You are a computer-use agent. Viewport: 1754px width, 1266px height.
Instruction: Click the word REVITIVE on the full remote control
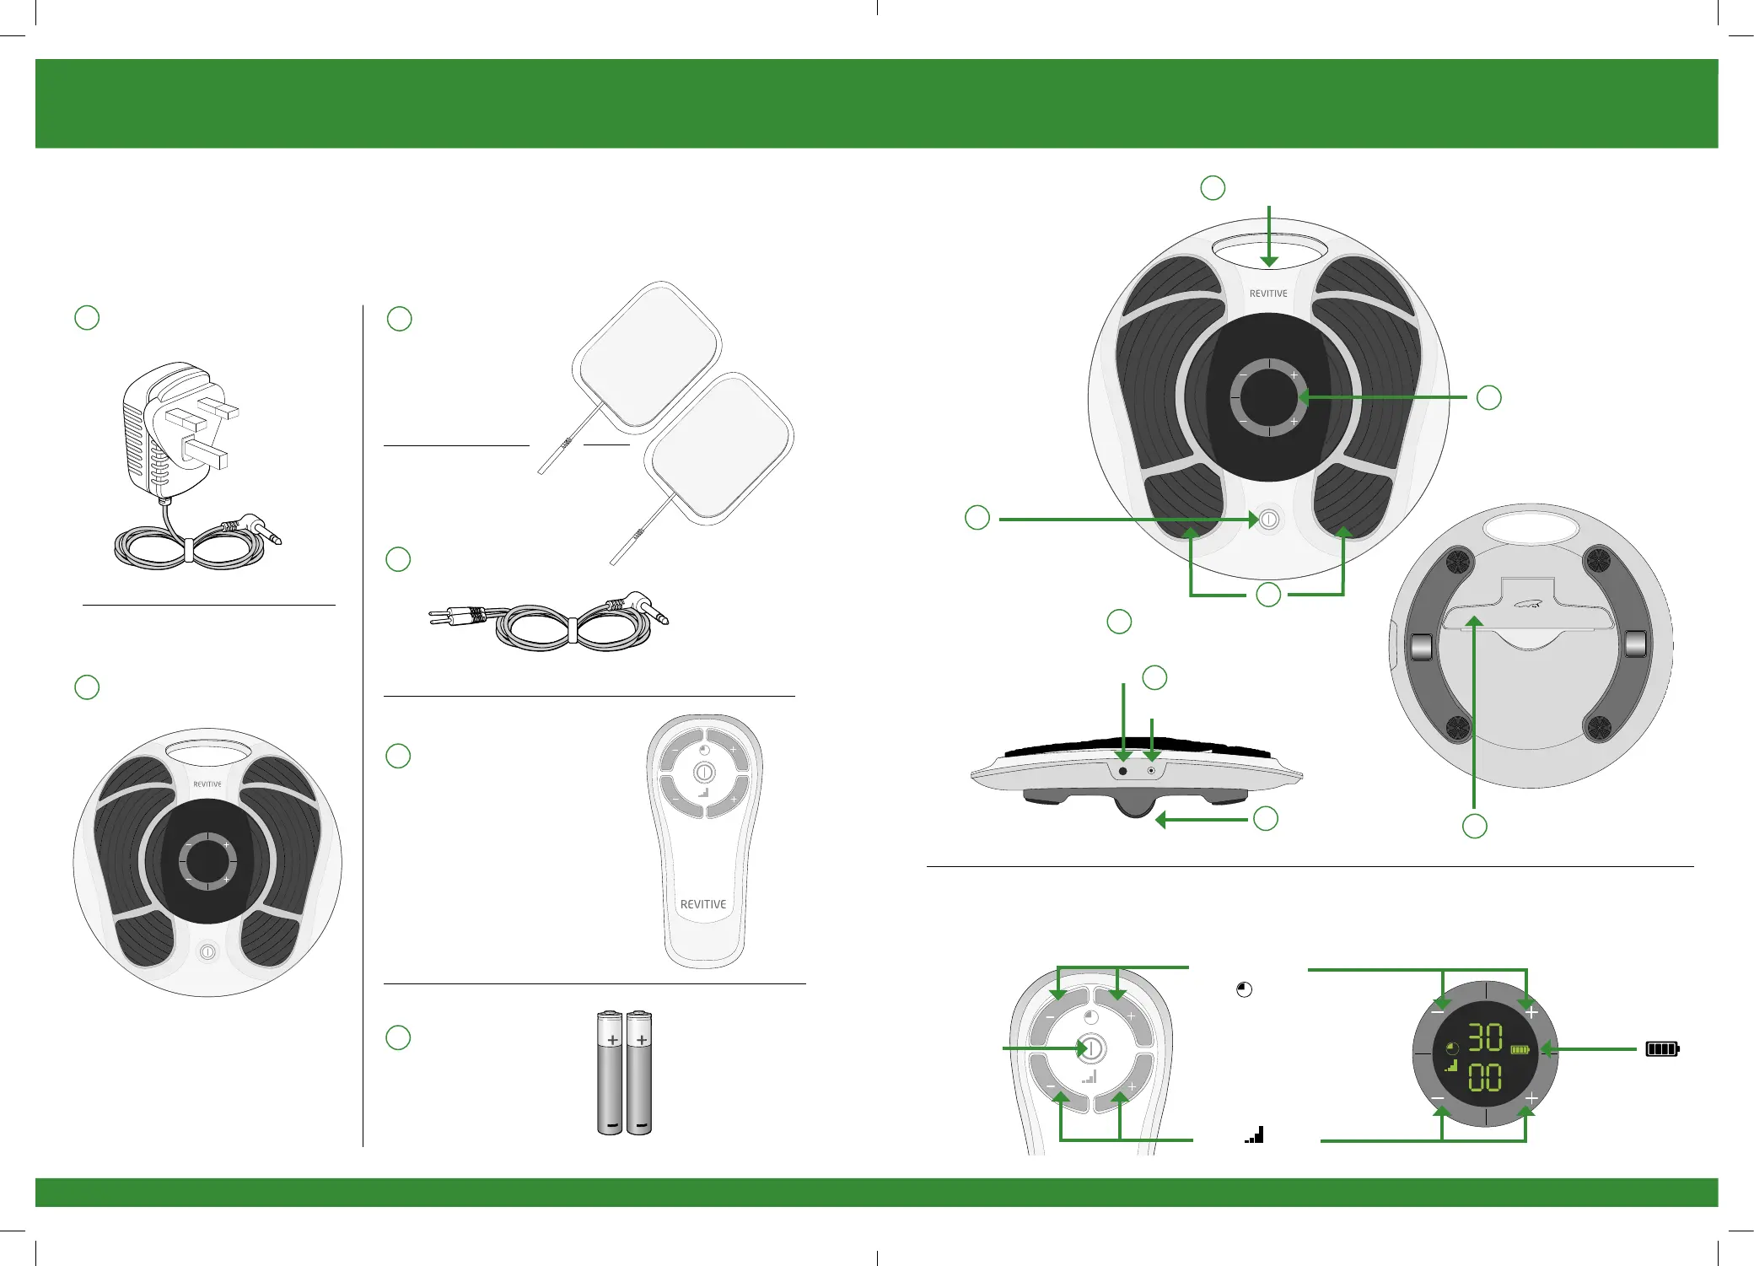(x=703, y=904)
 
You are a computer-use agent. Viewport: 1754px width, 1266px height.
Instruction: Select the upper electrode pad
(x=647, y=356)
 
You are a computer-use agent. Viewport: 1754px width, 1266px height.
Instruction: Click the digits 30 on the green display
(x=1485, y=1037)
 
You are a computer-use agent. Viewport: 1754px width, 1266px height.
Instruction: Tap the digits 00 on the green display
(x=1485, y=1077)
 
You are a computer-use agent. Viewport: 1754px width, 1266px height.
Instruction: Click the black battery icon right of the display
(x=1662, y=1049)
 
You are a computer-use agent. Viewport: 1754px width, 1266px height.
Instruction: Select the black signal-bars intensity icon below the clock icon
(x=1255, y=1134)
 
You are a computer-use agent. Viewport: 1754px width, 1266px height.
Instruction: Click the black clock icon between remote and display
(x=1244, y=990)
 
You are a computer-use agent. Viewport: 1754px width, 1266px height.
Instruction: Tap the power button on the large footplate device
(x=1269, y=520)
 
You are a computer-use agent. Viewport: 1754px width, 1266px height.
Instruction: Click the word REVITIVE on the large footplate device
(x=1268, y=294)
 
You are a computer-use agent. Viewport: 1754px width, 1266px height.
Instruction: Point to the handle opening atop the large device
(x=1269, y=250)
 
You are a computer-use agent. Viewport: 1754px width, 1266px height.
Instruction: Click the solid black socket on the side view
(x=1122, y=771)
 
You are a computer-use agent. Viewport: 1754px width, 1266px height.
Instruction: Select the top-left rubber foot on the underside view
(x=1459, y=561)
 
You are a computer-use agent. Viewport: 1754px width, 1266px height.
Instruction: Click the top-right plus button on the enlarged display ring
(x=1531, y=1011)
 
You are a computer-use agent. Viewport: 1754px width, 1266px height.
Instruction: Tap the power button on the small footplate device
(x=207, y=952)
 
